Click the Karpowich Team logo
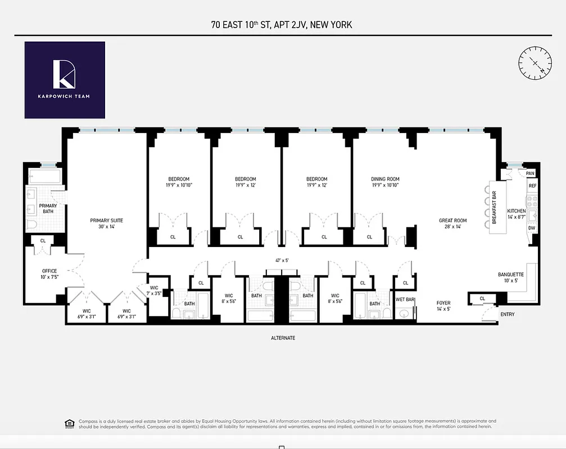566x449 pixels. pyautogui.click(x=65, y=80)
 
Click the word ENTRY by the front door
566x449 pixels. pyautogui.click(x=507, y=314)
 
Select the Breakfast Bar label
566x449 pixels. pyautogui.click(x=495, y=208)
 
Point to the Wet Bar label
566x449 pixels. pyautogui.click(x=405, y=300)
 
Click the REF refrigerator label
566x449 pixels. pyautogui.click(x=532, y=186)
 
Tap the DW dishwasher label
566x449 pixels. pyautogui.click(x=531, y=228)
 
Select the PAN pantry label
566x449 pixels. pyautogui.click(x=530, y=173)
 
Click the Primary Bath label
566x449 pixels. pyautogui.click(x=48, y=209)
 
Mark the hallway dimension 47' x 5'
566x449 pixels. pyautogui.click(x=282, y=260)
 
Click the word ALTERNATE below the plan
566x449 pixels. pyautogui.click(x=283, y=338)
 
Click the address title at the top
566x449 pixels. pyautogui.click(x=283, y=25)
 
